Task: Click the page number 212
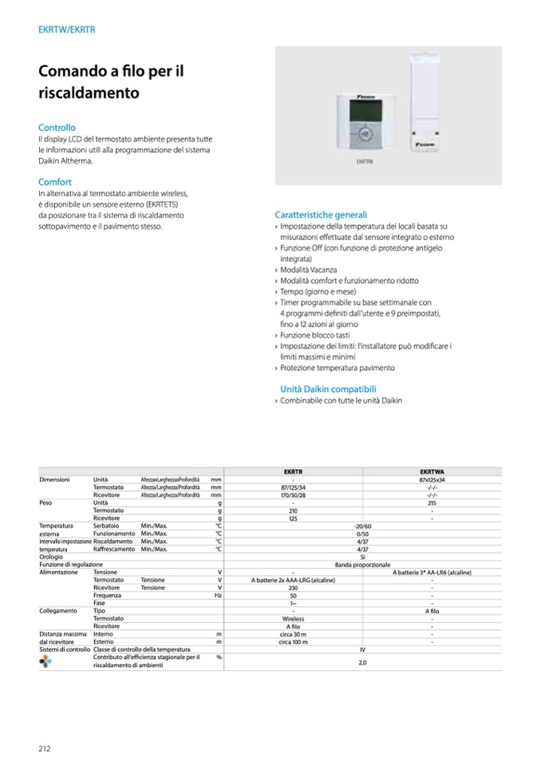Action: (45, 747)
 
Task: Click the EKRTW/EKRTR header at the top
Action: (67, 30)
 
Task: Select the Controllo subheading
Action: (57, 127)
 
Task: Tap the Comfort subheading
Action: (55, 182)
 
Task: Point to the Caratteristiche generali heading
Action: (321, 215)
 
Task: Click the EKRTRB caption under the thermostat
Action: (364, 161)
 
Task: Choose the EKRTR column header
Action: (293, 471)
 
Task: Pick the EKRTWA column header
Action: (431, 471)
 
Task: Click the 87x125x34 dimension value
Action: (431, 479)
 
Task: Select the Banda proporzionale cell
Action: (362, 564)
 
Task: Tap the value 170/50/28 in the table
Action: (293, 495)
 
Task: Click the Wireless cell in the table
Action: (293, 618)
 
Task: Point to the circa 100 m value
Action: (293, 641)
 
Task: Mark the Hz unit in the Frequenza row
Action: (216, 595)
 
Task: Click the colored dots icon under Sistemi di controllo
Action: (45, 661)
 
